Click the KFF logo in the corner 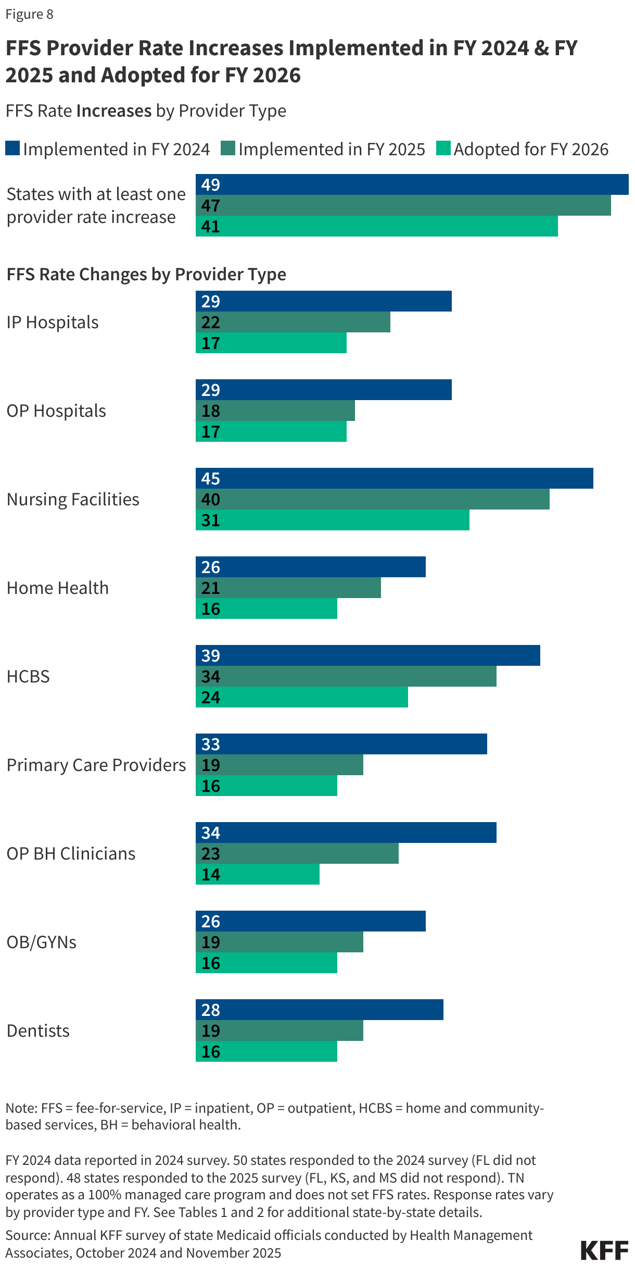604,1250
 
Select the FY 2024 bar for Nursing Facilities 394,478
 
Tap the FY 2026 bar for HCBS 302,697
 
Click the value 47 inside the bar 211,206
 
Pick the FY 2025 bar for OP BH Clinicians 297,853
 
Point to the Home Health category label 58,588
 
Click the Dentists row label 38,1030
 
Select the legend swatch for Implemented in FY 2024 12,148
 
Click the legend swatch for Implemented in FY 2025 228,148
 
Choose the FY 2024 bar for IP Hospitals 323,301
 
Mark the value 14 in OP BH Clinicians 211,875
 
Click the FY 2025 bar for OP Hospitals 275,411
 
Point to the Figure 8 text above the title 30,14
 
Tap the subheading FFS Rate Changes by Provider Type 146,274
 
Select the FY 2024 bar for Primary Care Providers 341,744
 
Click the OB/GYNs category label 42,942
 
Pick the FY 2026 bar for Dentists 266,1051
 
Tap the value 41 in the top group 211,227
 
